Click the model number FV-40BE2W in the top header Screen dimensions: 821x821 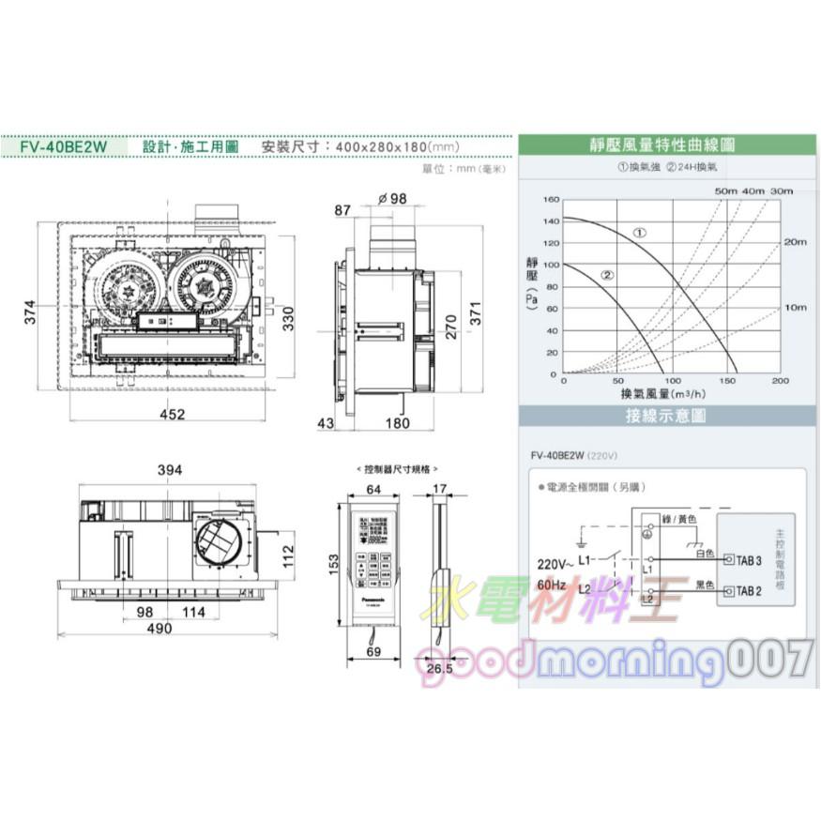pos(66,147)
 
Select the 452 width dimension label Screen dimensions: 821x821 pos(171,414)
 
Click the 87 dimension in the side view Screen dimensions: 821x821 pos(343,210)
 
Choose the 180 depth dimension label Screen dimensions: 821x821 pos(398,424)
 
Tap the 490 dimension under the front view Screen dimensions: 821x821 pos(159,629)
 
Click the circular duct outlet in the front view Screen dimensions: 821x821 pos(218,542)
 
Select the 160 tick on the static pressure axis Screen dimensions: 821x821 pos(549,200)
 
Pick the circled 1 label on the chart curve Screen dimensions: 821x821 pos(639,232)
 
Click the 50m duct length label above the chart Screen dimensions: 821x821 pos(726,190)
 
